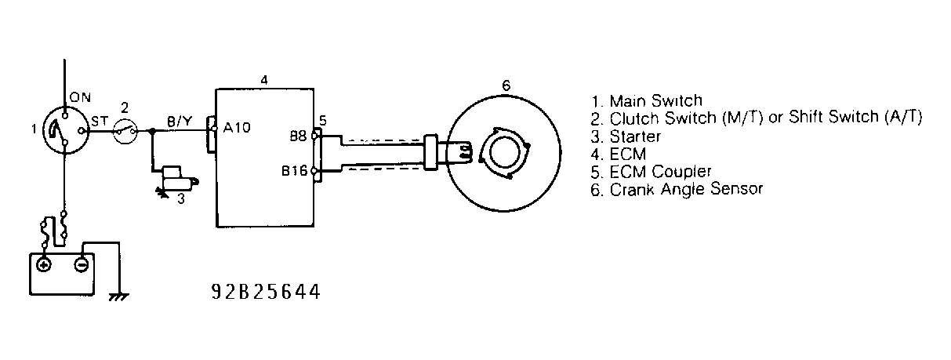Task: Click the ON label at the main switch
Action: [82, 97]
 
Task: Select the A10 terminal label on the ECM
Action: [237, 128]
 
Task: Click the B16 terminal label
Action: [295, 170]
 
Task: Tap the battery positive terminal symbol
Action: [44, 264]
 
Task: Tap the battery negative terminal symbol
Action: [80, 264]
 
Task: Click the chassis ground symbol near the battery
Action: [119, 296]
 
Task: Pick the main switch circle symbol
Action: [63, 132]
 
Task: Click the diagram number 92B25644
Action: [266, 293]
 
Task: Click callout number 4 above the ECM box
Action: [264, 81]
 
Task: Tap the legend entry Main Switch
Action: [648, 101]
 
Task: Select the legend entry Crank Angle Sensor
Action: [677, 189]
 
